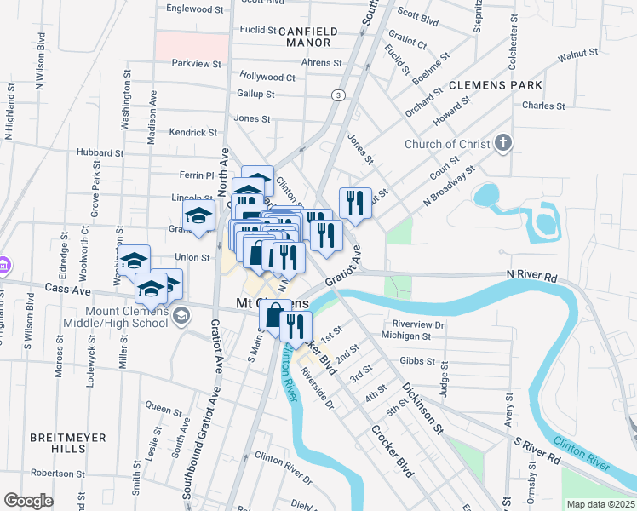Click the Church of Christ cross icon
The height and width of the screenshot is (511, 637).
tap(504, 143)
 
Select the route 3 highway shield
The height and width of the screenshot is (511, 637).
tap(339, 95)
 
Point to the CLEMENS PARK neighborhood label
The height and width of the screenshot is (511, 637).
tap(495, 86)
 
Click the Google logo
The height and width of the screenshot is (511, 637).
tap(28, 501)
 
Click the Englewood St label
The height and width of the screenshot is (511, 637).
tap(195, 9)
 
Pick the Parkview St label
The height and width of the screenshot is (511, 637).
tap(196, 64)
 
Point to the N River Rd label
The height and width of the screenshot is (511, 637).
tap(531, 277)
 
